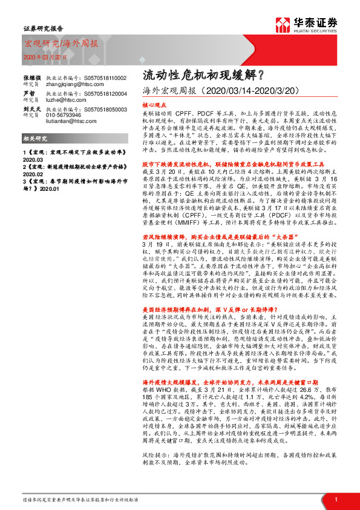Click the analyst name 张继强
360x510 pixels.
coord(31,79)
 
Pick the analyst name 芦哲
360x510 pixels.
coord(28,94)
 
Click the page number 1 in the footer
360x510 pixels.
coord(336,498)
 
